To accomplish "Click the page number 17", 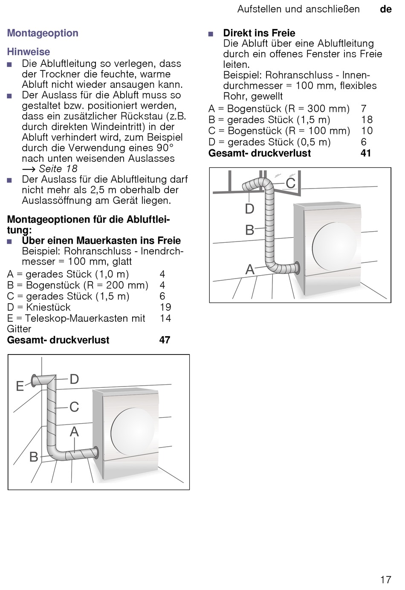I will [385, 579].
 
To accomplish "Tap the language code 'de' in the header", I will [385, 9].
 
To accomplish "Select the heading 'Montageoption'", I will [43, 33].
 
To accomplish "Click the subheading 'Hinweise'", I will [29, 52].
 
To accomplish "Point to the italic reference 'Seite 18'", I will [58, 169].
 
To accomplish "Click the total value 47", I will [165, 340].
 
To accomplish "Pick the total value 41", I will [366, 153].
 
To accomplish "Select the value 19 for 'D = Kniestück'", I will [165, 307].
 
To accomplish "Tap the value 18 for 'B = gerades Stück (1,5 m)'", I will [367, 120].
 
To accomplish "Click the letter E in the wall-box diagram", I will [20, 386].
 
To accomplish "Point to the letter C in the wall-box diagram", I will [74, 407].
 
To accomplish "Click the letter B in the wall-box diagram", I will [34, 457].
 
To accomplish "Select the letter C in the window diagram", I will [290, 183].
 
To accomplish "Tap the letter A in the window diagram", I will [250, 270].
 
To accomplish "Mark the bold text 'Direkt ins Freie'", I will [259, 33].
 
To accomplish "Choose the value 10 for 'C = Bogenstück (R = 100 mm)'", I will [367, 131].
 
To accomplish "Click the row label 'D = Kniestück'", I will [39, 307].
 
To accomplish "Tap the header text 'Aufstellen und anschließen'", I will [298, 9].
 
